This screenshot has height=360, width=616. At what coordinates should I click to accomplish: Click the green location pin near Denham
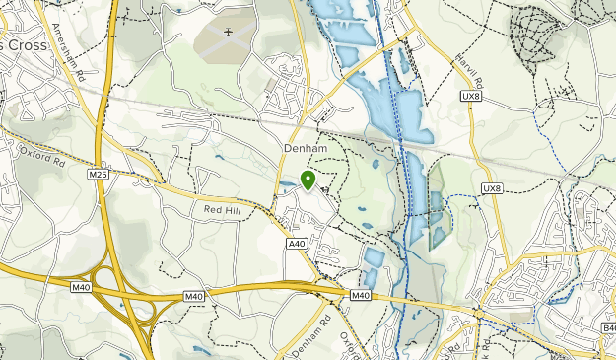click(x=308, y=180)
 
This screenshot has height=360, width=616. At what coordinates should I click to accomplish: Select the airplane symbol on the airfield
click(x=229, y=32)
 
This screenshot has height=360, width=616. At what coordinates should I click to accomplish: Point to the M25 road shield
click(x=97, y=175)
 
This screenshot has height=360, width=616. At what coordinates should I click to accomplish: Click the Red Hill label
click(x=222, y=209)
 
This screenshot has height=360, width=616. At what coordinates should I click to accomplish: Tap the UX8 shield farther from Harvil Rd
click(x=492, y=188)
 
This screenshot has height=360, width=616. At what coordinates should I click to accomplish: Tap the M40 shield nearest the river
click(x=361, y=295)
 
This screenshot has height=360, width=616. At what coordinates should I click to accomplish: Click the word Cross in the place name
click(x=26, y=46)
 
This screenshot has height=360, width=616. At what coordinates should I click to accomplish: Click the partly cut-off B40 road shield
click(x=607, y=327)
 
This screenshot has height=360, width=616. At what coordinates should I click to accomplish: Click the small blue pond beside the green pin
click(x=287, y=183)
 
